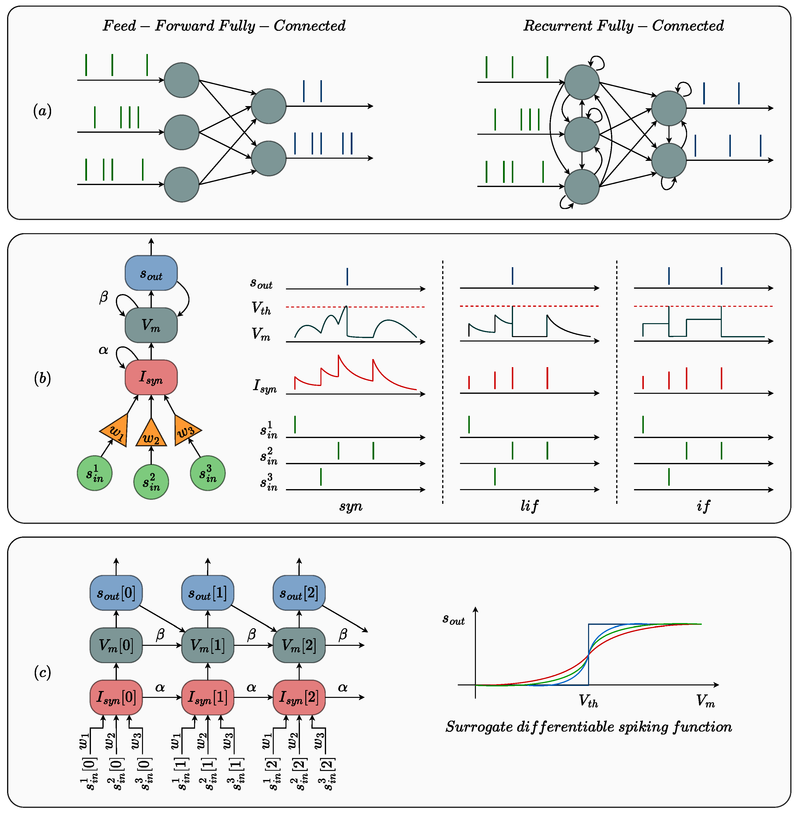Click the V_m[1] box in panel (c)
[x=208, y=645]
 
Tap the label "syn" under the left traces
[x=351, y=506]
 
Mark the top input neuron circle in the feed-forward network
[x=182, y=80]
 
